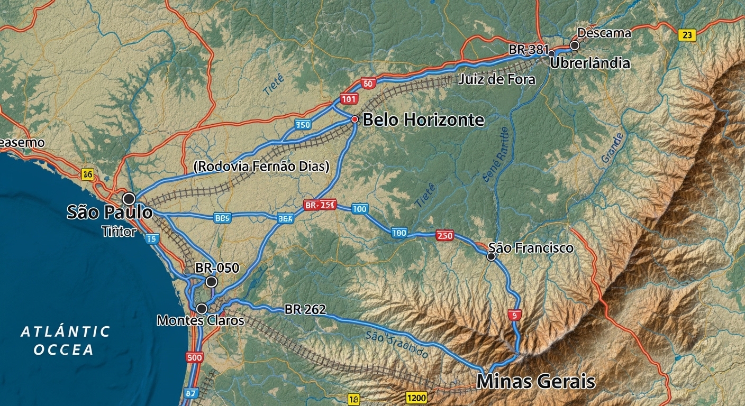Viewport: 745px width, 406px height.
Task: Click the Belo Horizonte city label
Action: click(423, 120)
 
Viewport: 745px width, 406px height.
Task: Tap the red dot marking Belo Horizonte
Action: click(355, 119)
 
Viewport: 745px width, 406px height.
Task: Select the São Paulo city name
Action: click(110, 213)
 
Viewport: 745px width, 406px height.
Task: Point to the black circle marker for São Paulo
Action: click(129, 199)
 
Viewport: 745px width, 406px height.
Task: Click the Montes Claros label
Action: click(201, 320)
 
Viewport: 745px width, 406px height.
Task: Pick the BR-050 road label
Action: click(217, 268)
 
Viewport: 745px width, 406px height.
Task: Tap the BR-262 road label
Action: click(305, 309)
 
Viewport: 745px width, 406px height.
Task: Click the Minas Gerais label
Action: click(535, 381)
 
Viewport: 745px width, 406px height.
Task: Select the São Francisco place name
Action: click(531, 247)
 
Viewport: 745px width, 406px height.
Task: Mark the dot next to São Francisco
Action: click(491, 256)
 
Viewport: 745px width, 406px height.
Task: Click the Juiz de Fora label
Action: click(497, 80)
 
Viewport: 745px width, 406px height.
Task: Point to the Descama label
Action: click(604, 33)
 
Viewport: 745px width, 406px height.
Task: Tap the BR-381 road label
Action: click(529, 50)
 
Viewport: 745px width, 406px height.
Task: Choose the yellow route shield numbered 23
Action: click(686, 35)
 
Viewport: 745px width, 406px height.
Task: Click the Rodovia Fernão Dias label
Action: click(261, 167)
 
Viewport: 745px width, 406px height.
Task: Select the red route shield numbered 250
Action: click(444, 236)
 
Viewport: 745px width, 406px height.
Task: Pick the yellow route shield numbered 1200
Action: click(416, 398)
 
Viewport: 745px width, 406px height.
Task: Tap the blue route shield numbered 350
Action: click(303, 125)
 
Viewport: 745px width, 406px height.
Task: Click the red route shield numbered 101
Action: click(349, 98)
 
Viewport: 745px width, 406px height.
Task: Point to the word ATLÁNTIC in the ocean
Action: click(66, 331)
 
